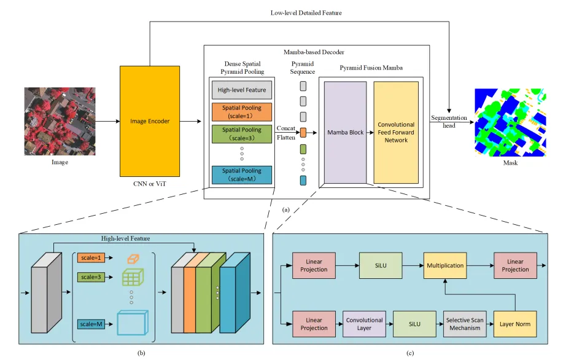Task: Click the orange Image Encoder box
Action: tap(150, 121)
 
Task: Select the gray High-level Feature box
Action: tap(241, 90)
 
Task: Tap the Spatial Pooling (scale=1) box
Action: tap(241, 111)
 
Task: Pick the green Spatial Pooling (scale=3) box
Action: tap(241, 134)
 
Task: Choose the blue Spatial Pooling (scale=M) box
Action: tap(241, 174)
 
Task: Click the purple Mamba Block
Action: tap(345, 132)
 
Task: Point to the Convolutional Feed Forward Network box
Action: tap(396, 132)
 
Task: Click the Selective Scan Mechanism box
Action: tap(464, 324)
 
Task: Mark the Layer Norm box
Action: tap(514, 324)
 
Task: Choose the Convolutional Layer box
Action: tap(364, 324)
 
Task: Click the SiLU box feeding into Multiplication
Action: tap(381, 265)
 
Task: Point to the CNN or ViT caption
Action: tap(150, 184)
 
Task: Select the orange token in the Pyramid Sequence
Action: tap(303, 132)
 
